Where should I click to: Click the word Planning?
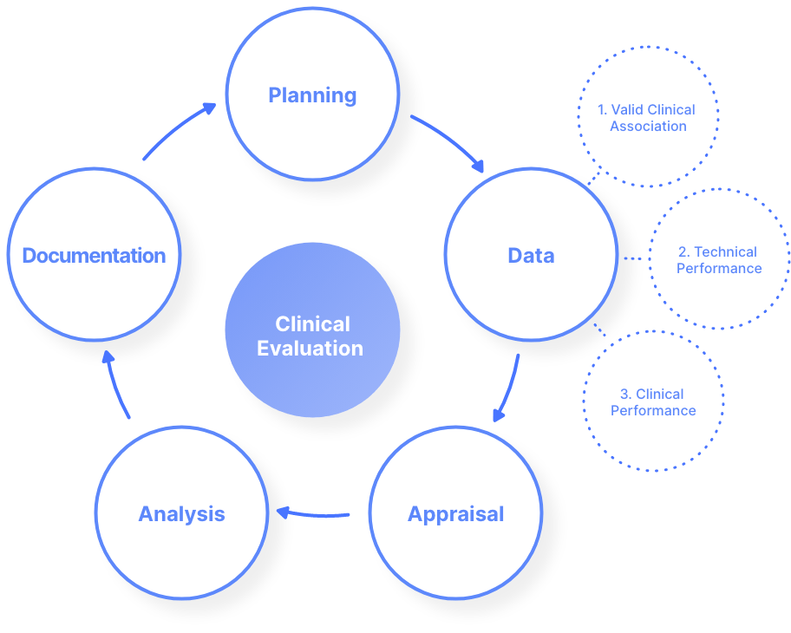312,95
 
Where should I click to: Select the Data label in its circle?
531,256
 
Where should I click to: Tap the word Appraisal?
455,514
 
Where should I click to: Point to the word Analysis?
181,514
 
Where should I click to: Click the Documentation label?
94,256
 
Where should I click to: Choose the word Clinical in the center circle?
312,324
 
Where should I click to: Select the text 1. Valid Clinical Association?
647,118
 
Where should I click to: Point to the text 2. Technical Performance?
718,260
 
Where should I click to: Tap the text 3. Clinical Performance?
653,402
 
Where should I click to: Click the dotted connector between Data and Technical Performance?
633,258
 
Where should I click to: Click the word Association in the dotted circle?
648,127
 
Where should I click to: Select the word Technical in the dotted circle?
725,252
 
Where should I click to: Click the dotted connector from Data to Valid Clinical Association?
590,182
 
